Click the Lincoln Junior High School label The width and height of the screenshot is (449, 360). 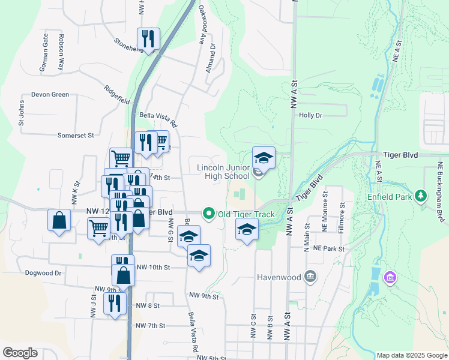click(x=223, y=171)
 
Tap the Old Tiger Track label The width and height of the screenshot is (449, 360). click(x=246, y=214)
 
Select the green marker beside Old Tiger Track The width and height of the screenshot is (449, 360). click(x=209, y=214)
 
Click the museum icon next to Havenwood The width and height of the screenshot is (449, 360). click(x=310, y=277)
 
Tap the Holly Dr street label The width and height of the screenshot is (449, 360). click(x=310, y=115)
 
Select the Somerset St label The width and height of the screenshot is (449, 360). click(x=76, y=136)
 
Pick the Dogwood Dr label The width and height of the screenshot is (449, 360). click(x=43, y=272)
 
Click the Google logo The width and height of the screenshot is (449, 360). click(x=20, y=352)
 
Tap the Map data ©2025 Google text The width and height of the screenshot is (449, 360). click(x=411, y=355)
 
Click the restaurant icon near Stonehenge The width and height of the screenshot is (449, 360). click(x=148, y=39)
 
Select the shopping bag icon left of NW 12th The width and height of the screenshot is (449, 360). click(x=60, y=220)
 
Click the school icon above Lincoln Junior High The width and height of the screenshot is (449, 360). click(x=264, y=158)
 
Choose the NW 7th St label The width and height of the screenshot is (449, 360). click(x=150, y=326)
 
